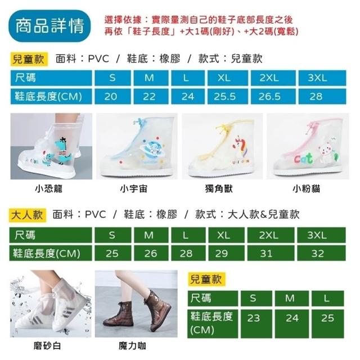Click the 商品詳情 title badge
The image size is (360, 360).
tap(49, 26)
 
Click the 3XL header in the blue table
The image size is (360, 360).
tap(322, 78)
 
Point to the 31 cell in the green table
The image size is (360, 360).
tap(271, 253)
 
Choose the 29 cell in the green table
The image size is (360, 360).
tap(226, 253)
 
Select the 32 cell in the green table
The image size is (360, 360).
tap(321, 253)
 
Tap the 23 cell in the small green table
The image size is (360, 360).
tap(256, 324)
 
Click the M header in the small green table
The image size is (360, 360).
tap(291, 298)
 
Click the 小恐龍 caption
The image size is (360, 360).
tap(49, 189)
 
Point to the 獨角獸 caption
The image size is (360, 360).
tap(219, 189)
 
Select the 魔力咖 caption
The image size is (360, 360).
tap(132, 345)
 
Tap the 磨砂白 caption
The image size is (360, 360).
tap(47, 345)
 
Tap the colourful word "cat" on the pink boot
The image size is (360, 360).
tap(303, 159)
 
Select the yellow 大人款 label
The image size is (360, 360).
tap(28, 215)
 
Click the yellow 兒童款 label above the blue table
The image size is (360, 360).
tap(29, 59)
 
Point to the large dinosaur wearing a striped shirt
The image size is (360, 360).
tap(64, 150)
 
